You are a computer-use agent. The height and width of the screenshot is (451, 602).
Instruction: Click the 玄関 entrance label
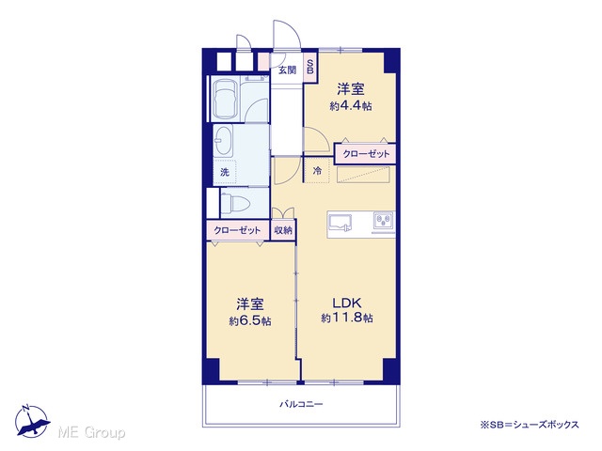[287, 70]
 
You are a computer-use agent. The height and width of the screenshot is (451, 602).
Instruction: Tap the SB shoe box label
[310, 67]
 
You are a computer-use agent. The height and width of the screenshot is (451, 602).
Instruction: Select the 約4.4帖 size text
[351, 106]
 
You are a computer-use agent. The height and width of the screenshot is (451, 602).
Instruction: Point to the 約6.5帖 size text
[250, 320]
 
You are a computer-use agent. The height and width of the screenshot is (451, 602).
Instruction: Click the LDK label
[347, 303]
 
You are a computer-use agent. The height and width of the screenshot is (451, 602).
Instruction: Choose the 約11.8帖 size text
[347, 318]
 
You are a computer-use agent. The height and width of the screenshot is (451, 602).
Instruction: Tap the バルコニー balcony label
[301, 404]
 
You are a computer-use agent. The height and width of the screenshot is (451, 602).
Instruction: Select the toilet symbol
[236, 202]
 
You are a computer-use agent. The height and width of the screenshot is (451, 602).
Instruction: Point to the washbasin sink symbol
[223, 141]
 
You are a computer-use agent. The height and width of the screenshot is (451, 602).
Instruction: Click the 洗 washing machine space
[225, 172]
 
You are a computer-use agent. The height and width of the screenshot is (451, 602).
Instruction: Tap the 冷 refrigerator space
[317, 171]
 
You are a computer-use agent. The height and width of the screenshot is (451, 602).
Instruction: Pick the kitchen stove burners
[384, 222]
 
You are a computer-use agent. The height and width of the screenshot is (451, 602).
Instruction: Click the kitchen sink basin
[341, 223]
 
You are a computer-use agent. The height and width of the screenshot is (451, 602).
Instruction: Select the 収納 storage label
[283, 230]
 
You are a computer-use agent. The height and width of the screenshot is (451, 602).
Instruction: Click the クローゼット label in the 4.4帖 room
[366, 154]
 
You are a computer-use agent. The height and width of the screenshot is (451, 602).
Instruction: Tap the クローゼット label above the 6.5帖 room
[237, 230]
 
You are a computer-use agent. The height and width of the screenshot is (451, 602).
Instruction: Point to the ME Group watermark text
[92, 432]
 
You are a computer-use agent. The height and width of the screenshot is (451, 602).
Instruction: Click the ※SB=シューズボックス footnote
[529, 425]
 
